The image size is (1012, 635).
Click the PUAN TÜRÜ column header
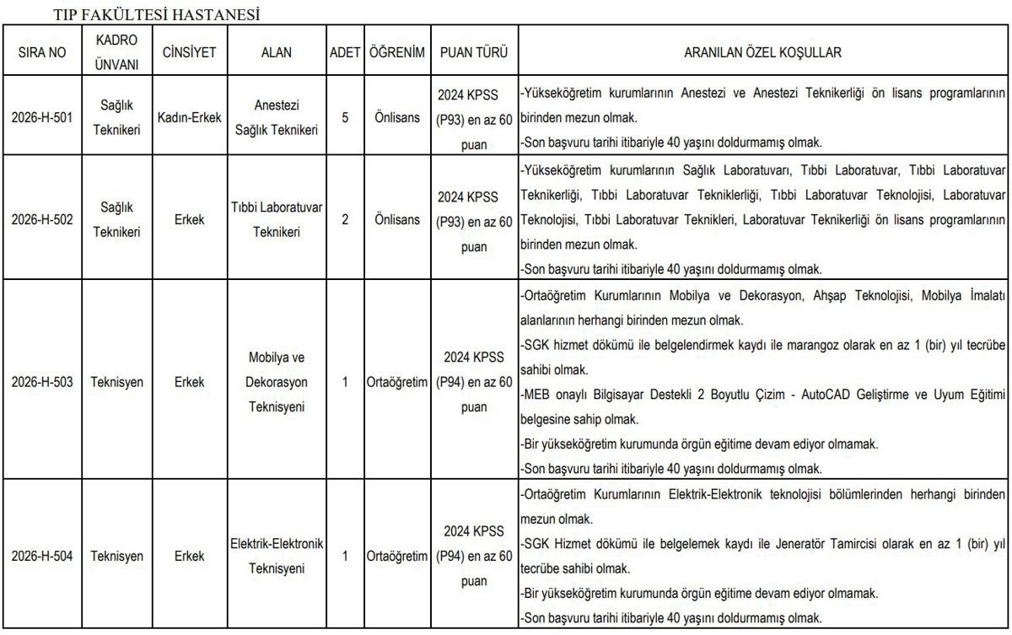(474, 52)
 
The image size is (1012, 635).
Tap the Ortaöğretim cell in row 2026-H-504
(396, 557)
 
